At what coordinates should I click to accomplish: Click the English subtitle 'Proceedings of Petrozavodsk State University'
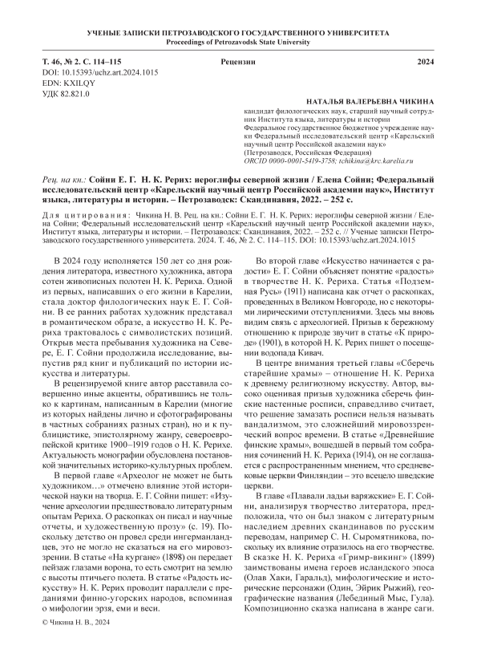click(x=240, y=41)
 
